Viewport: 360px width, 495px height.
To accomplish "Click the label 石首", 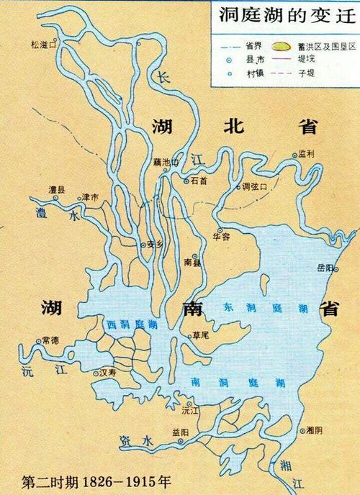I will click(x=199, y=181).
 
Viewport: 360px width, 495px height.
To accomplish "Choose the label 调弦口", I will click(x=255, y=186).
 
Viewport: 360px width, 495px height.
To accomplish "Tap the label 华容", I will click(x=221, y=234).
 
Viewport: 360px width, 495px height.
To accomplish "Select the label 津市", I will click(x=91, y=196).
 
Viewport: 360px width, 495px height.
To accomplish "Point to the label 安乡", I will click(x=156, y=244).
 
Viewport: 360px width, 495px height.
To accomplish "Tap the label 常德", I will click(x=52, y=339).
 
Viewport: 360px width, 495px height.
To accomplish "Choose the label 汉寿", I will click(x=107, y=373).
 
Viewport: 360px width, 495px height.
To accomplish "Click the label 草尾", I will click(x=199, y=335).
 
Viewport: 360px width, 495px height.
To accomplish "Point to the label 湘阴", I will click(x=314, y=430).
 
